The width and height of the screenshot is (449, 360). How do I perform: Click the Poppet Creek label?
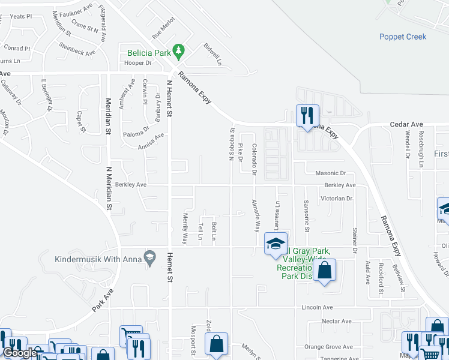(x=403, y=37)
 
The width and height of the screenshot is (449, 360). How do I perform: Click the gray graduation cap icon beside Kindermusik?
(x=151, y=256)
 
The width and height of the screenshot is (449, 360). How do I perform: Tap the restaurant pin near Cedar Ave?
(x=307, y=115)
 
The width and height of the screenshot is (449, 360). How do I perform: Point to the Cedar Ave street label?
(x=403, y=124)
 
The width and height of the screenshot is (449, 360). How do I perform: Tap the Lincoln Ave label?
(x=318, y=307)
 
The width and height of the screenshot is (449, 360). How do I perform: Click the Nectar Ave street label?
(x=336, y=321)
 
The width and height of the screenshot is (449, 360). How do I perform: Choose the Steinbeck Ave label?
(x=77, y=49)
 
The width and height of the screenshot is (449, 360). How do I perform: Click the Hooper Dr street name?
(x=137, y=63)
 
